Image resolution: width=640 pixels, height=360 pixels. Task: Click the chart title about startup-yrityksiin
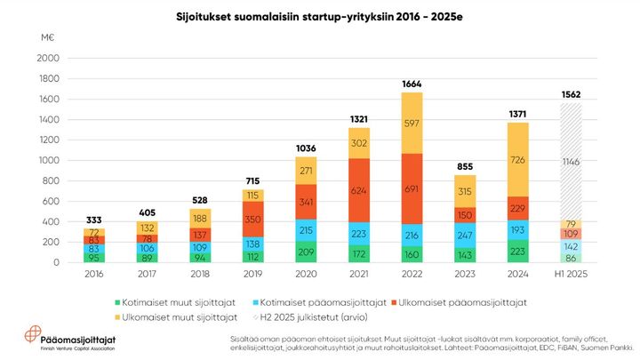[320, 17]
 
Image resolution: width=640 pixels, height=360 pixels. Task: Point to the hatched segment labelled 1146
[571, 163]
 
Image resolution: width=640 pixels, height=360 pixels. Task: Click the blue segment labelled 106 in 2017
[148, 248]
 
